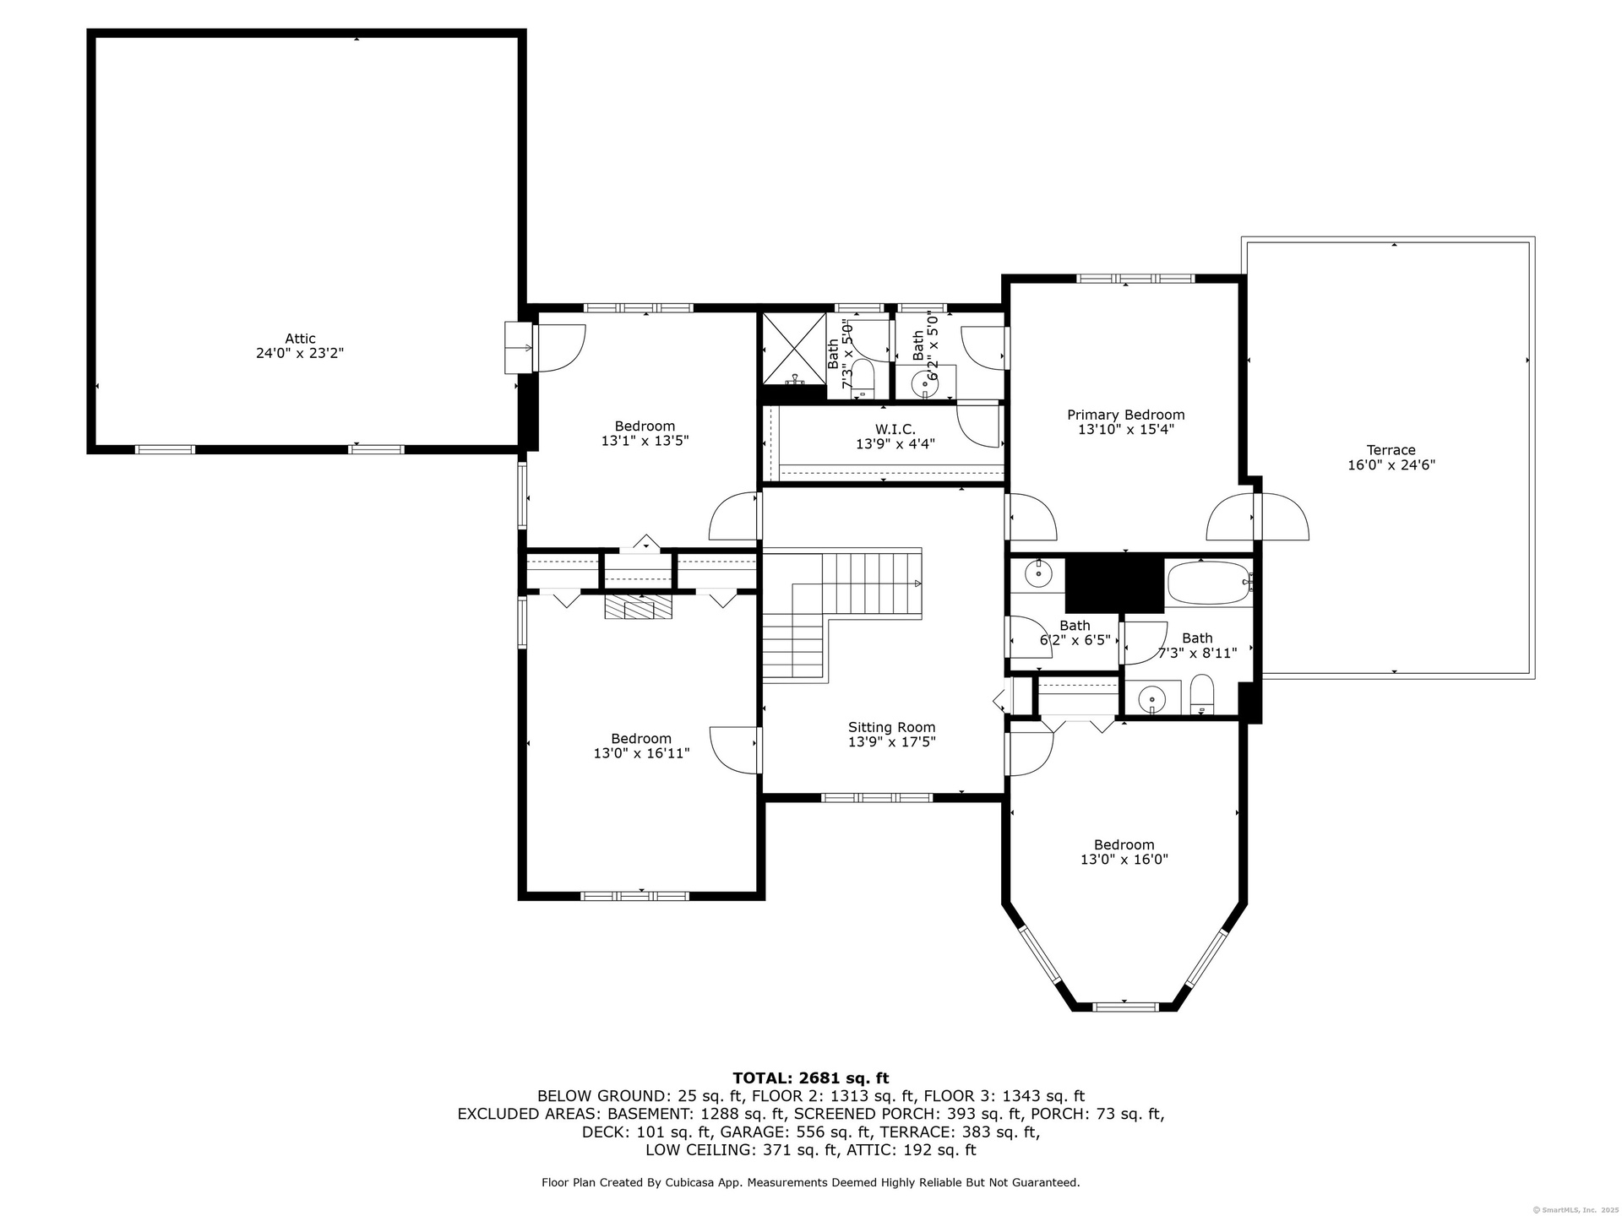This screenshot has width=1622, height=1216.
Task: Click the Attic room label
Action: pos(300,339)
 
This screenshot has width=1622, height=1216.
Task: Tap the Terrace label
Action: pos(1391,450)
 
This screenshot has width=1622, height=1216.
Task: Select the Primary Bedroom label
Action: pos(1125,415)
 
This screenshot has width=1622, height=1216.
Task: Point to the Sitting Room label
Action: pos(891,727)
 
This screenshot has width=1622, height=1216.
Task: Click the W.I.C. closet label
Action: pos(895,429)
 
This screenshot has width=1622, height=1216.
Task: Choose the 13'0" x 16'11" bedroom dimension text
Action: pos(641,753)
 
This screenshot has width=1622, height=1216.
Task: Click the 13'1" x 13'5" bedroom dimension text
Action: pos(645,441)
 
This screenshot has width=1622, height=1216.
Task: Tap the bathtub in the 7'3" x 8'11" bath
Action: pos(1209,583)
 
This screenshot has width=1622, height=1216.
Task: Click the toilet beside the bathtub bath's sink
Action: pos(1201,694)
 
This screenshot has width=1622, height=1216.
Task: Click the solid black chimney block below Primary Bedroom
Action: pos(1114,583)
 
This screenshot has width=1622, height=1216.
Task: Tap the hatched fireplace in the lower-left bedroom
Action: pos(638,608)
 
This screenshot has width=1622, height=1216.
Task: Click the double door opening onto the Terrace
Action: pos(1257,517)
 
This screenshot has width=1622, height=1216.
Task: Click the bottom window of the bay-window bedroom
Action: pos(1125,1006)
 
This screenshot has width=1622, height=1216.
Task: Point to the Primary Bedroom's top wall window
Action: pos(1135,279)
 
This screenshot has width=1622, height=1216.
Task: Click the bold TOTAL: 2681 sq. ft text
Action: pos(810,1078)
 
